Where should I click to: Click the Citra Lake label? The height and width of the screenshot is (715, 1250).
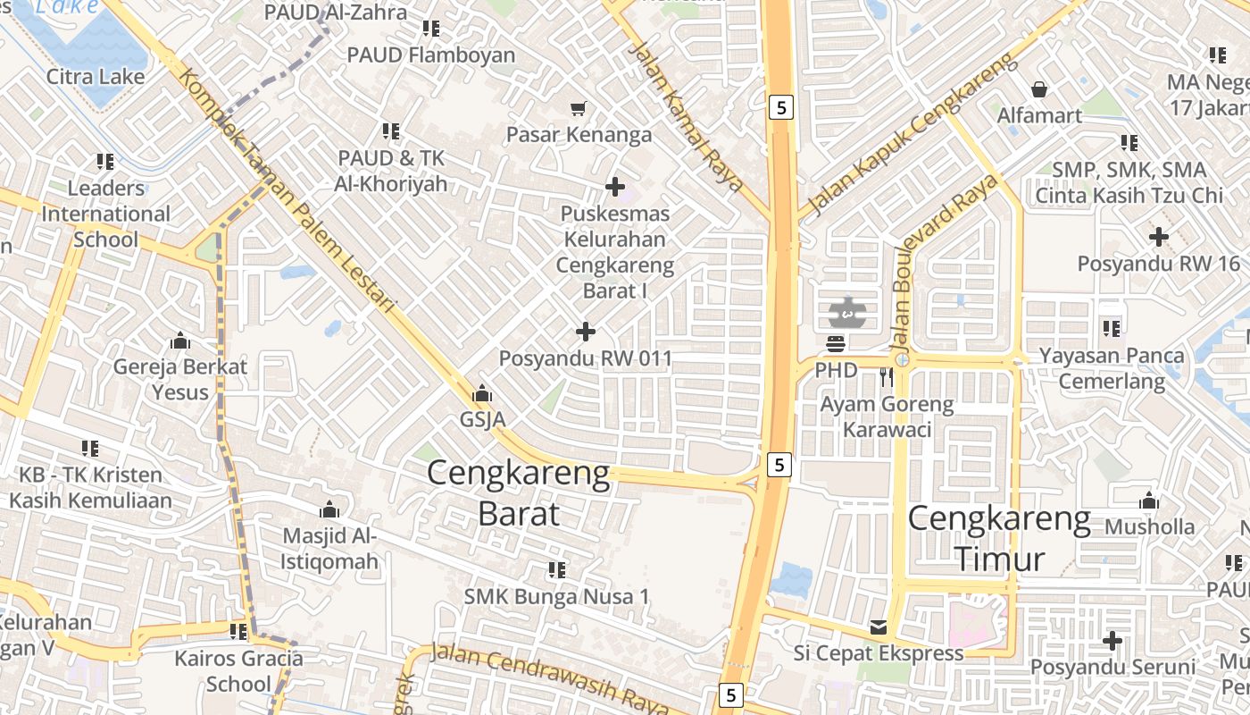96,77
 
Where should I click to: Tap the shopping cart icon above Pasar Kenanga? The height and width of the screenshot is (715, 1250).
579,109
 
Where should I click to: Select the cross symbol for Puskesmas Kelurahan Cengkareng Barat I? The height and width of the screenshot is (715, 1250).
615,187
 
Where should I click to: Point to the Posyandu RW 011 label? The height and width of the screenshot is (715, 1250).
585,358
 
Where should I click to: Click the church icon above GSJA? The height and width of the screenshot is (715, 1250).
482,393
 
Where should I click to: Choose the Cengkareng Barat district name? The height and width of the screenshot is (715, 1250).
519,492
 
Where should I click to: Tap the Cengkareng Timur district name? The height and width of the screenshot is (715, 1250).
1000,539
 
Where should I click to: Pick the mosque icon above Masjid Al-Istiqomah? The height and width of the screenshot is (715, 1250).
329,510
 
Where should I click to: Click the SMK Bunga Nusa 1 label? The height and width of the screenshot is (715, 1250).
557,596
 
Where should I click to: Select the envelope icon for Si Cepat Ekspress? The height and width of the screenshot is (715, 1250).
879,627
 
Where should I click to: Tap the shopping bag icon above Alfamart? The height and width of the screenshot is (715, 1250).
1039,89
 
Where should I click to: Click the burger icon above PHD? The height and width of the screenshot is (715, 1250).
837,344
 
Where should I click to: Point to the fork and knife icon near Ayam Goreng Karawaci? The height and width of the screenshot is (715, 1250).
886,377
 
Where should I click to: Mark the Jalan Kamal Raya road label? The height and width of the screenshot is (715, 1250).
686,114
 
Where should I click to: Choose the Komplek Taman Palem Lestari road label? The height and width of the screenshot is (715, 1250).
286,189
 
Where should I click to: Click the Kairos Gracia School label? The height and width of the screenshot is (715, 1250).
238,671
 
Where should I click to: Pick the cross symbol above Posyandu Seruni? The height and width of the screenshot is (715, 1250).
1112,641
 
